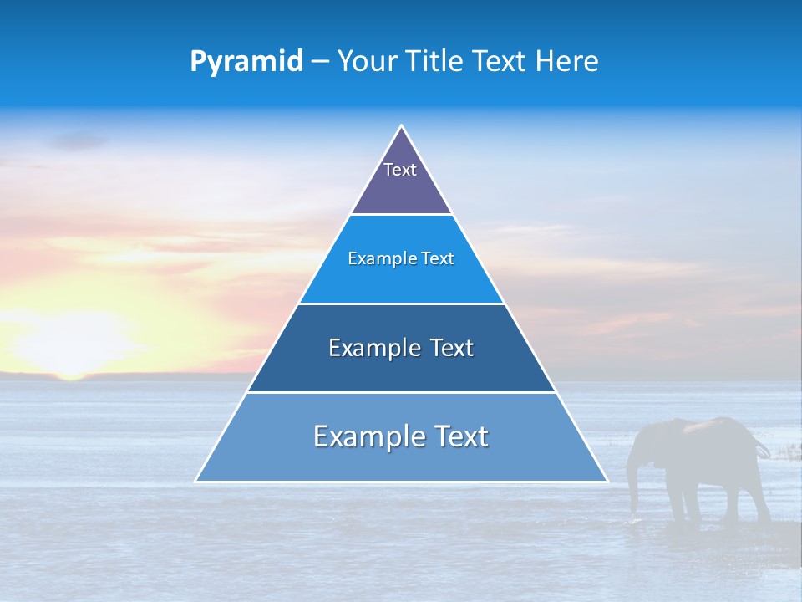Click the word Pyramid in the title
point(246,62)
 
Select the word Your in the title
point(368,61)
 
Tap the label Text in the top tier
point(400,170)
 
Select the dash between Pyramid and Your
point(320,62)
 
